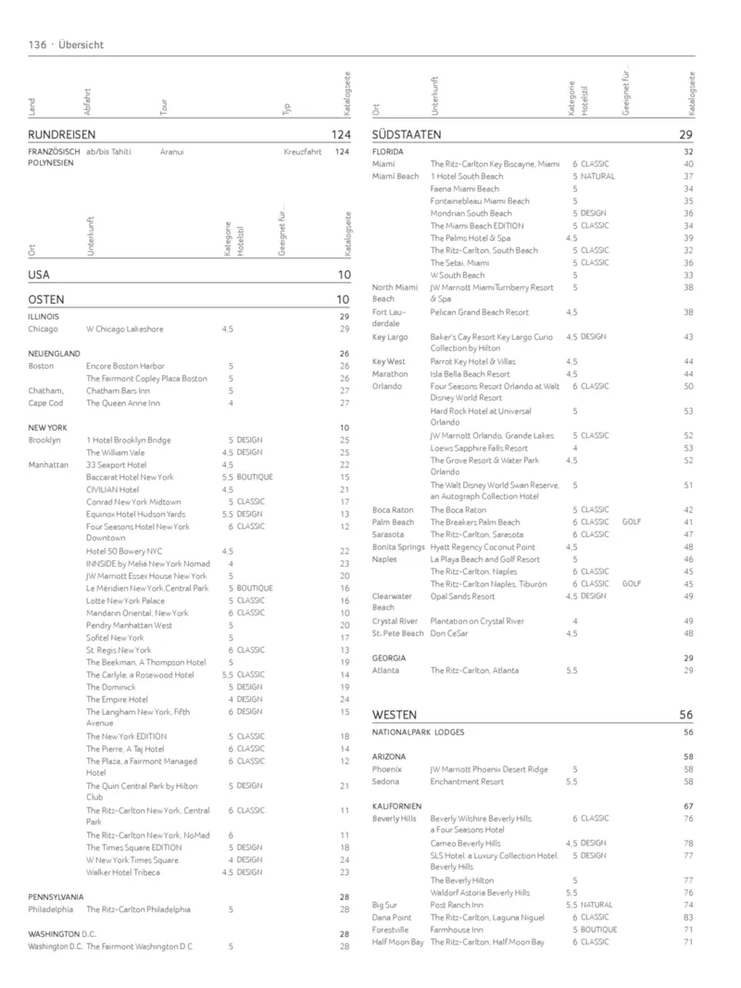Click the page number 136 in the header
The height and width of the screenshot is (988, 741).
click(x=38, y=44)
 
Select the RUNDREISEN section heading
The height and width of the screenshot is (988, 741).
click(x=62, y=134)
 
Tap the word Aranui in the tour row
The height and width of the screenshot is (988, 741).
click(x=171, y=151)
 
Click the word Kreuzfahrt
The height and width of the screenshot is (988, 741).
click(x=302, y=151)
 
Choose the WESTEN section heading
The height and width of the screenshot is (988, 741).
click(x=395, y=715)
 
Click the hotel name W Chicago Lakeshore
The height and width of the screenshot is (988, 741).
click(x=124, y=329)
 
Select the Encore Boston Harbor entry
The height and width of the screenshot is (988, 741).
click(x=125, y=366)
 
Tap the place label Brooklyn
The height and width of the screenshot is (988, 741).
click(x=44, y=440)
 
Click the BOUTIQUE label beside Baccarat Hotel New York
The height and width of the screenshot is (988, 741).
click(x=255, y=477)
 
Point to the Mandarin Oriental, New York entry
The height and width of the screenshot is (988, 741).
click(x=137, y=613)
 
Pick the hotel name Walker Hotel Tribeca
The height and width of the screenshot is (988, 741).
click(x=123, y=872)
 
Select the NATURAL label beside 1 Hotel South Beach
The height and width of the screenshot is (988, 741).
click(x=597, y=176)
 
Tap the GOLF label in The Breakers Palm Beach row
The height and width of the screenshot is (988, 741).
click(x=632, y=522)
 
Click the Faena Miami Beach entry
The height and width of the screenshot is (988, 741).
click(x=464, y=189)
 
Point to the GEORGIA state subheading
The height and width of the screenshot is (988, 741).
click(x=388, y=658)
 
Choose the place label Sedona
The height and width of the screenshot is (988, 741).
click(x=385, y=782)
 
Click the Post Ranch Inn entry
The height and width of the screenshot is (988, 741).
click(x=457, y=905)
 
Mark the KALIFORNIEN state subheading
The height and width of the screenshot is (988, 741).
click(x=397, y=807)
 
